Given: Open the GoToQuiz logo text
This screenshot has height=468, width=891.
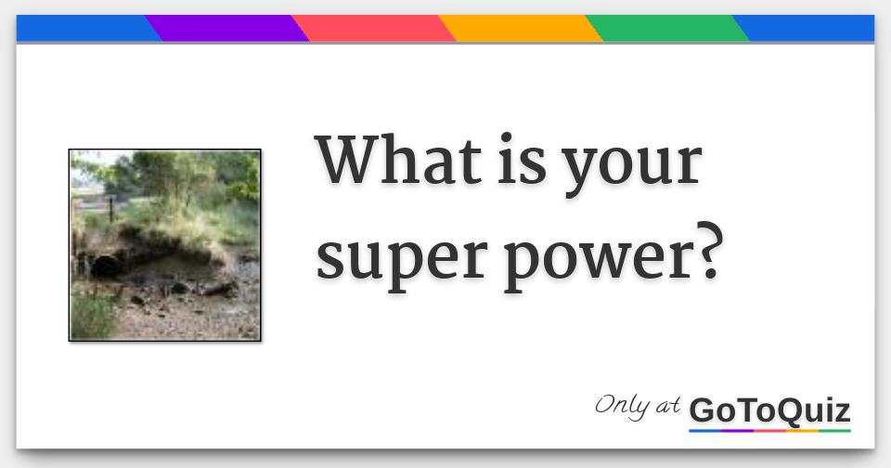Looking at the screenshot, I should (x=769, y=409).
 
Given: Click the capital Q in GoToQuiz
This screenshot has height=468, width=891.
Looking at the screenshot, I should (x=787, y=409).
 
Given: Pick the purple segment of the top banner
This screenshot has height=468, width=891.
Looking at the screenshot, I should (x=227, y=29).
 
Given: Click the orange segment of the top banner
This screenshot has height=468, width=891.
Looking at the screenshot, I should (x=521, y=29).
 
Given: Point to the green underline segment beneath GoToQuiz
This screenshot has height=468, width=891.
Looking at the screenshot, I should (x=834, y=430).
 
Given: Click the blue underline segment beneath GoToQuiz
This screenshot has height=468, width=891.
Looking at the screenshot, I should (x=705, y=430).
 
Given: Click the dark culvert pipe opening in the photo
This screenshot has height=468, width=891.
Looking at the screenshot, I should (x=104, y=266).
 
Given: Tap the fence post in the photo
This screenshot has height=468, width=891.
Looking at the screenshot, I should (x=110, y=208).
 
